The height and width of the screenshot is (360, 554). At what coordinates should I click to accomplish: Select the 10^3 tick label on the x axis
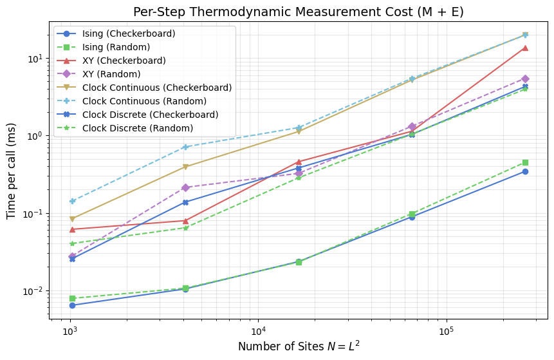click(69, 330)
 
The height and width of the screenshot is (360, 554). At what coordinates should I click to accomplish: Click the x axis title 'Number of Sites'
click(298, 346)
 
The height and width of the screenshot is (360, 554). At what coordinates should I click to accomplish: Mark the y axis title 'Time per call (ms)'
click(12, 173)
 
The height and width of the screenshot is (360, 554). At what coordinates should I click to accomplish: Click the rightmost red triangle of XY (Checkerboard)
click(525, 48)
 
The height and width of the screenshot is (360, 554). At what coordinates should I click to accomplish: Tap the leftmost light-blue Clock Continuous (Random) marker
click(72, 201)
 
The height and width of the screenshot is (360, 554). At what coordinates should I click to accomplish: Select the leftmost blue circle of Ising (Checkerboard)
click(72, 305)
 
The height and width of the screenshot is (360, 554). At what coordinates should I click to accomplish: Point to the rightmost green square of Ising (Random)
click(525, 162)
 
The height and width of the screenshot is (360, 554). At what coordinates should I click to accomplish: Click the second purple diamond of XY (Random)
click(185, 187)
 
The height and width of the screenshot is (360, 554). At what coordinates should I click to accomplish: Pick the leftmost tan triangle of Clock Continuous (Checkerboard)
click(72, 219)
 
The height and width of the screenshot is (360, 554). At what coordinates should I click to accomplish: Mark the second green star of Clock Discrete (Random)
click(185, 228)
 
